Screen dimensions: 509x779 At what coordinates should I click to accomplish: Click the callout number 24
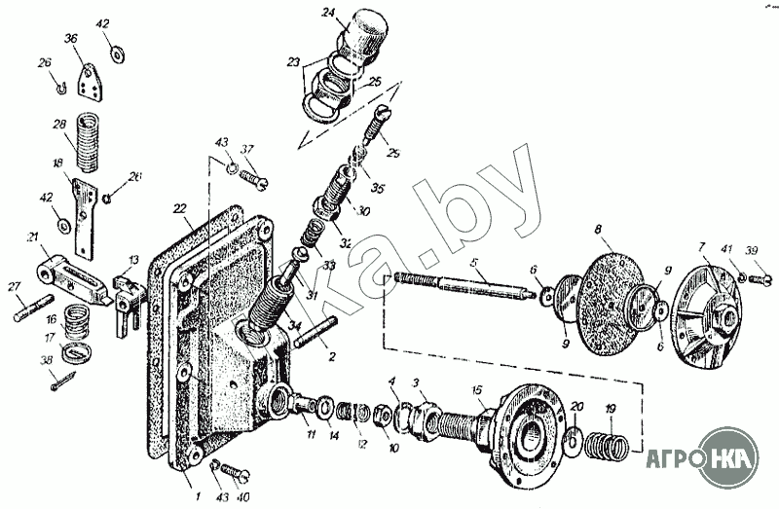click(x=328, y=13)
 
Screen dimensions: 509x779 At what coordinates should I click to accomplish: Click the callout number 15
click(x=477, y=390)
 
